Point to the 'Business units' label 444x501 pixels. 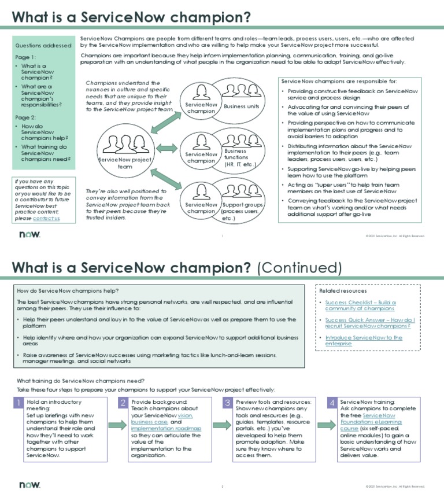(x=241, y=106)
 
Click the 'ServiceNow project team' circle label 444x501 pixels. (x=125, y=163)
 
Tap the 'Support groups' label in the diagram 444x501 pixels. (x=242, y=211)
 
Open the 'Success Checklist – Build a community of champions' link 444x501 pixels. (x=360, y=305)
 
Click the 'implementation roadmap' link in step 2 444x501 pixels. (x=166, y=429)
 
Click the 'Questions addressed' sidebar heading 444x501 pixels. (x=43, y=45)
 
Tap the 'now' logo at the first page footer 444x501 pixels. (x=29, y=235)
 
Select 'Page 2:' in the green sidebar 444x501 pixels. (x=25, y=117)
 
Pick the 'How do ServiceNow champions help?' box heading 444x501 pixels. (x=68, y=290)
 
